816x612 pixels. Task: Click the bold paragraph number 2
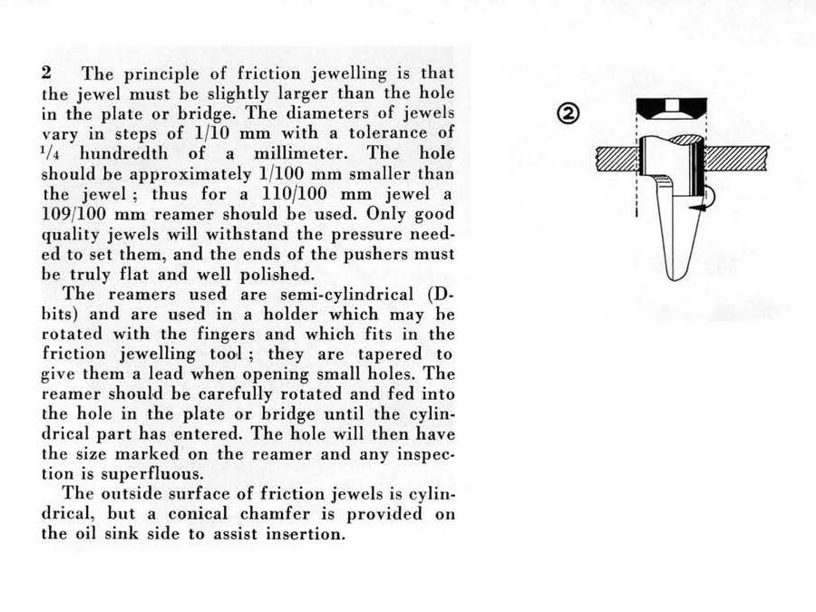click(46, 72)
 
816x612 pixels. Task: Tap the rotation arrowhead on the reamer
click(696, 209)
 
